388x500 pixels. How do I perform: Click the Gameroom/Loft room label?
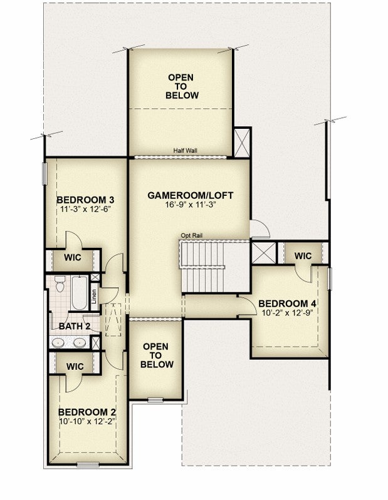[191, 195]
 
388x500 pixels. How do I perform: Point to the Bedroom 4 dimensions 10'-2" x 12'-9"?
[286, 312]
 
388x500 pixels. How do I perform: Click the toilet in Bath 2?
[60, 283]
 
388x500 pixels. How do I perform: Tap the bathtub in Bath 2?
[80, 293]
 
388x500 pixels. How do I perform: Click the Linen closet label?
[94, 296]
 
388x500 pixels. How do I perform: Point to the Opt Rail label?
[192, 236]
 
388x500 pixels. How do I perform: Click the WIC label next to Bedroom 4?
[303, 256]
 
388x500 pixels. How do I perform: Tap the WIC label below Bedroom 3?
[73, 257]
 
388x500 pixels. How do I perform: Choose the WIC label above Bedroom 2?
[75, 366]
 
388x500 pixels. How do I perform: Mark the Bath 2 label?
[75, 326]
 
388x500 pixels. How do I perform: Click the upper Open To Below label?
[182, 86]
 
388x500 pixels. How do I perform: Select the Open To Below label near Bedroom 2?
[157, 355]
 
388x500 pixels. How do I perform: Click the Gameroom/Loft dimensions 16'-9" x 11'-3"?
[191, 205]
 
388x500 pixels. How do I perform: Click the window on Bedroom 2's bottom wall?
[88, 464]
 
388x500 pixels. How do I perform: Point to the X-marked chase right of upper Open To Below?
[242, 142]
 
